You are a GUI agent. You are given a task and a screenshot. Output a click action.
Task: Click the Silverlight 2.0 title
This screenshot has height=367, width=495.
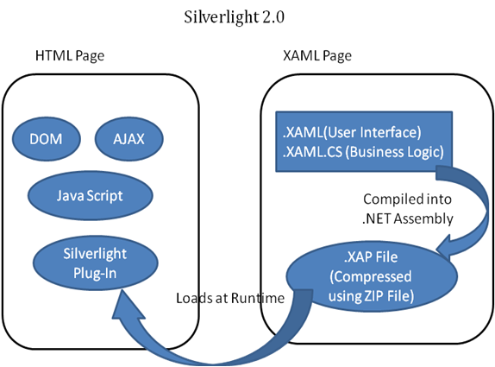pos(235,17)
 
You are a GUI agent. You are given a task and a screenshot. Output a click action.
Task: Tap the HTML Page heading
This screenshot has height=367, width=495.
pos(70,56)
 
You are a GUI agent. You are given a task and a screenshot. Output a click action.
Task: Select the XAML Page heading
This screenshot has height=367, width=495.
pos(317,56)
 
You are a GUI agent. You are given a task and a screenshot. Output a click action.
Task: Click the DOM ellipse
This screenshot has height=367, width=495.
pos(47,139)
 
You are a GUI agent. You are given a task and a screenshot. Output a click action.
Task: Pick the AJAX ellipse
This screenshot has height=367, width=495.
pos(129,139)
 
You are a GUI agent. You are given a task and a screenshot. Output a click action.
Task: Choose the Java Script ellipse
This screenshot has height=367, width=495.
pos(91,196)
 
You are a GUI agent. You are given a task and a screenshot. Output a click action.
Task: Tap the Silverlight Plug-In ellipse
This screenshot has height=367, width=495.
pos(96,263)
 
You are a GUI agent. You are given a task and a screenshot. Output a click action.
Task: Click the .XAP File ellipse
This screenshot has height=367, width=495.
pos(372,276)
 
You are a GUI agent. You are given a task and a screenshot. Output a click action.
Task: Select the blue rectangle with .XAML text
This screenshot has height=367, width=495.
pos(364,142)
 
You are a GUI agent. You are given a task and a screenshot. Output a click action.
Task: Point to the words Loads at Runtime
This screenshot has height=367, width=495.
pos(230,298)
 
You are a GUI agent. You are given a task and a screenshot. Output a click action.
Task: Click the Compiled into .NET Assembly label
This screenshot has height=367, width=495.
pos(408,209)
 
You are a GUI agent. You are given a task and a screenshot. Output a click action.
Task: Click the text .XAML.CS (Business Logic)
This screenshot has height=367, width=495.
pos(363,152)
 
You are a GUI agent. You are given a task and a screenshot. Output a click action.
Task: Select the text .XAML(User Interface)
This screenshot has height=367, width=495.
pos(352,132)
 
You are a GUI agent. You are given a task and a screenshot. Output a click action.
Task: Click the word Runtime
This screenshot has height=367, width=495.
pos(258,298)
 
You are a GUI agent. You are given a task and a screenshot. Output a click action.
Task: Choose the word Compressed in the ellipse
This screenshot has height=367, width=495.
pos(371,277)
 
